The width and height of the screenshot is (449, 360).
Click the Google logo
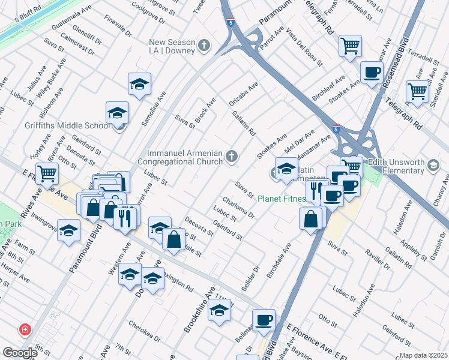pos(20,352)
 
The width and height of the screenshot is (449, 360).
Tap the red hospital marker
pos(25,329)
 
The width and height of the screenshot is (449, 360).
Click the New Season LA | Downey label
pos(172,46)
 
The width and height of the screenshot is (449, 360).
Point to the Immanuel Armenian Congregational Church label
pos(180,157)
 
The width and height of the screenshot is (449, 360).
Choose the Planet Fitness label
pos(280,199)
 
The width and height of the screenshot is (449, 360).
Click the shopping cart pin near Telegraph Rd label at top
pos(350,46)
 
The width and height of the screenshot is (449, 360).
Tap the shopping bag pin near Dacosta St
pos(173,239)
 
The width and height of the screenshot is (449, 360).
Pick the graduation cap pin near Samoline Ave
pos(139,84)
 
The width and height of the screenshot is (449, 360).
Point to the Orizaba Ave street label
pos(243,95)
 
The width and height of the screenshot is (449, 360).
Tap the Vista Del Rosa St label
pos(305,45)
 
